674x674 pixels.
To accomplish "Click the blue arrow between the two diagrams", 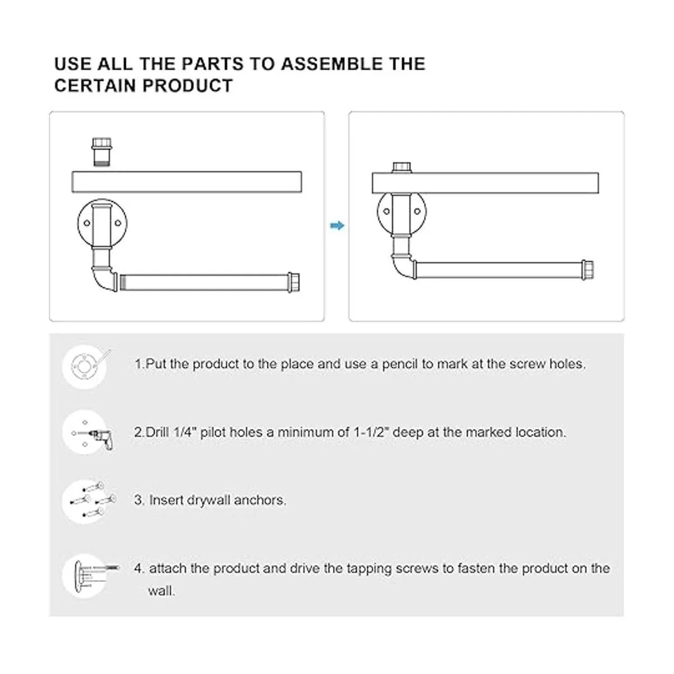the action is pyautogui.click(x=337, y=226).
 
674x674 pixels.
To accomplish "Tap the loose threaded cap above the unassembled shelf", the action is pyautogui.click(x=102, y=152).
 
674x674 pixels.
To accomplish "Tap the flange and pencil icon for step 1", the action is pyautogui.click(x=86, y=366).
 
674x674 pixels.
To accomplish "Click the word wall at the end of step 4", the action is pyautogui.click(x=161, y=591).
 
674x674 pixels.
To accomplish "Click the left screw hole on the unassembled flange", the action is pyautogui.click(x=86, y=223).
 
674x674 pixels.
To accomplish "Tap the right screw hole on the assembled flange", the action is pyautogui.click(x=417, y=211).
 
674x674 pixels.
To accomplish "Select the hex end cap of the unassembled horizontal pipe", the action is pyautogui.click(x=294, y=283).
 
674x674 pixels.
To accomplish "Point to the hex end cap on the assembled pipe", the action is pyautogui.click(x=588, y=270).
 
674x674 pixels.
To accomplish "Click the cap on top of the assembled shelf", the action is pyautogui.click(x=402, y=167).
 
